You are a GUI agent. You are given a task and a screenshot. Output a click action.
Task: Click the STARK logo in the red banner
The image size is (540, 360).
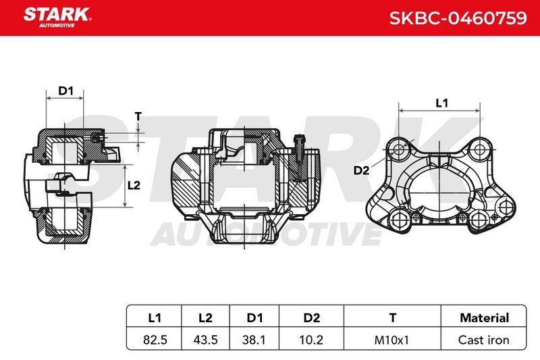pyautogui.click(x=57, y=18)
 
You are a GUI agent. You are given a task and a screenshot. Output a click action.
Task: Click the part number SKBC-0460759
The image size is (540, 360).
pyautogui.click(x=458, y=18)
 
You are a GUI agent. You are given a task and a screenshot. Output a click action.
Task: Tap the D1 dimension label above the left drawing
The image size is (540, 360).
pyautogui.click(x=65, y=91)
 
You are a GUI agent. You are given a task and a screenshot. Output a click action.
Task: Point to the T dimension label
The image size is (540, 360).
pyautogui.click(x=138, y=116)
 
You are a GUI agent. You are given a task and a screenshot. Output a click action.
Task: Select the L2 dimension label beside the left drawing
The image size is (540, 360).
pyautogui.click(x=134, y=186)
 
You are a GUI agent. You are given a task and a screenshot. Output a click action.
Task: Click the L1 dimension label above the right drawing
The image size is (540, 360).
pyautogui.click(x=441, y=103)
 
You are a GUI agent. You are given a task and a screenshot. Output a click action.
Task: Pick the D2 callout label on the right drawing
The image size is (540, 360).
pyautogui.click(x=361, y=170)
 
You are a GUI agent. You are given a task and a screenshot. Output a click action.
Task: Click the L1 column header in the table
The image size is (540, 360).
pyautogui.click(x=155, y=317)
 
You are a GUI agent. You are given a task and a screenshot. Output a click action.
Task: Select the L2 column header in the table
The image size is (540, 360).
pyautogui.click(x=205, y=317)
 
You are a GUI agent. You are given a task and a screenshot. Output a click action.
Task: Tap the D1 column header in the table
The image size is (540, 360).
pyautogui.click(x=254, y=317)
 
